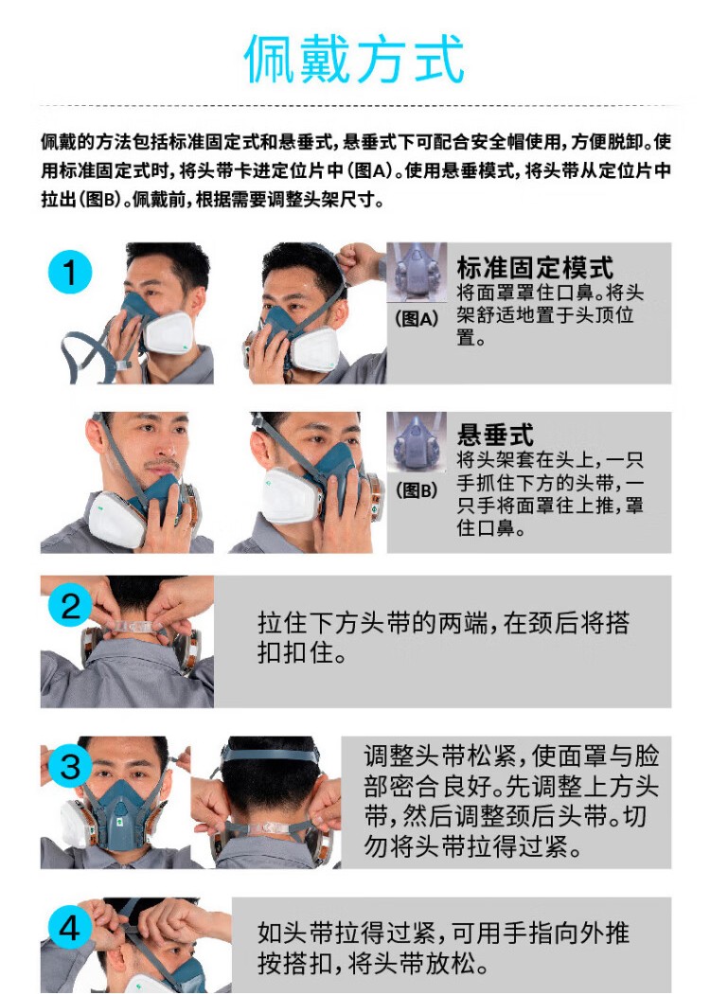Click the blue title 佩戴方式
pos(354,59)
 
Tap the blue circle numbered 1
pos(70,273)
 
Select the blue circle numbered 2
pos(70,606)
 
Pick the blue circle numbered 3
pos(70,766)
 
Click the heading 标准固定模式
pos(535,267)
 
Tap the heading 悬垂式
pos(495,435)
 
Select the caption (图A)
pos(417,317)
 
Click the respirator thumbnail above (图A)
pos(417,273)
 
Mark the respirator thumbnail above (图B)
pos(417,442)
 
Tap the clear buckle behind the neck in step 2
pos(134,627)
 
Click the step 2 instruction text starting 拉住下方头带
pos(443,637)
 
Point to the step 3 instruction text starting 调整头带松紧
pos(511,801)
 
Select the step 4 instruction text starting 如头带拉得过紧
pos(443,948)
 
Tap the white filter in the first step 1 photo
pos(168,333)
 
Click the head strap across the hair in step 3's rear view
pos(270,755)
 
